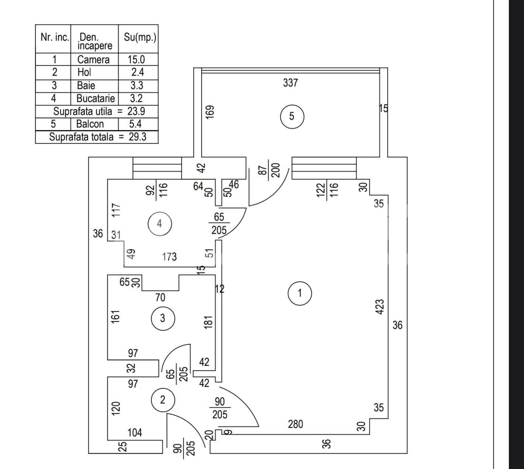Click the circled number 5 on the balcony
pos(292,116)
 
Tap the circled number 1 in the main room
pos(300,293)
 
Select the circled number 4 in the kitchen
pos(159,224)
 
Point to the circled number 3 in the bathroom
pos(163,318)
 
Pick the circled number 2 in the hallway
pos(163,400)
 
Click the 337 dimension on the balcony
pos(290,83)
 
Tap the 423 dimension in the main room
pos(380,307)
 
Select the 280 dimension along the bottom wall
pos(295,424)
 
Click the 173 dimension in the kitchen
pos(169,257)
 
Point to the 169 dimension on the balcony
pos(210,112)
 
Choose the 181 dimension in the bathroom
pos(208,322)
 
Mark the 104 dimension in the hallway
pos(135,432)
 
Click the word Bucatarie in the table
pos(96,98)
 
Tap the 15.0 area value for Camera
pos(136,59)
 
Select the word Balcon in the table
pos(90,124)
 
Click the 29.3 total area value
pos(138,137)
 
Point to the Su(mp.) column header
pos(140,38)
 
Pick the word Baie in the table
pos(86,85)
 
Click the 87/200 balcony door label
pos(269,170)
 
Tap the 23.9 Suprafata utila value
pos(136,111)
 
